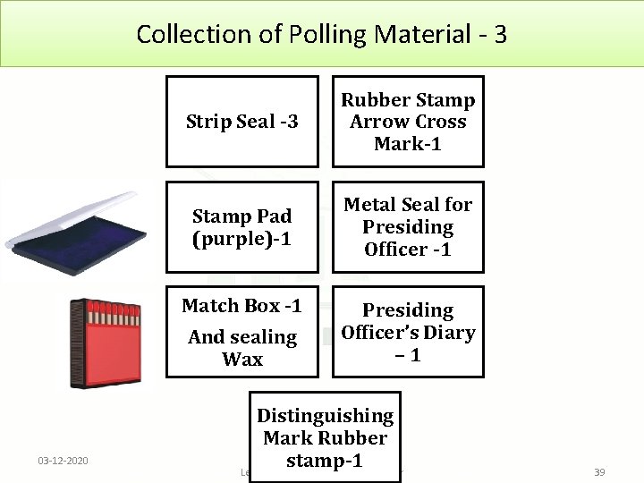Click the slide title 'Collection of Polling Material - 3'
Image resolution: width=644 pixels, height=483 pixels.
point(322,34)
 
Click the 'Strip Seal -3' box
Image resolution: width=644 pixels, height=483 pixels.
point(242,122)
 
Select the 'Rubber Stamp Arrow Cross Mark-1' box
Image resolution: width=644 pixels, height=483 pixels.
point(408,122)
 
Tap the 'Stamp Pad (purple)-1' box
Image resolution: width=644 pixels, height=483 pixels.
point(242,227)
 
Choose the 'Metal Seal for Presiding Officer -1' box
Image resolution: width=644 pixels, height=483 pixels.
point(408,227)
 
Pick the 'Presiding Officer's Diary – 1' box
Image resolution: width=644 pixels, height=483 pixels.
point(408,332)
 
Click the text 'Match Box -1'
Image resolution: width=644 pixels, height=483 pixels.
point(241,306)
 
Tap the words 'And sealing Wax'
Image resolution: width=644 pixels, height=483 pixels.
point(242,348)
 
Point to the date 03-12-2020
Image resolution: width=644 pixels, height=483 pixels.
point(63,460)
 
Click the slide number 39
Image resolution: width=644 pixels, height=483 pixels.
point(598,471)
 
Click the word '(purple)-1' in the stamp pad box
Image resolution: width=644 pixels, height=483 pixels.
point(241,239)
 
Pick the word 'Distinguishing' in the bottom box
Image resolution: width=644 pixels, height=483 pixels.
point(325,416)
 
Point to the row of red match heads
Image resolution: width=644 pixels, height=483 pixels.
point(114,312)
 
